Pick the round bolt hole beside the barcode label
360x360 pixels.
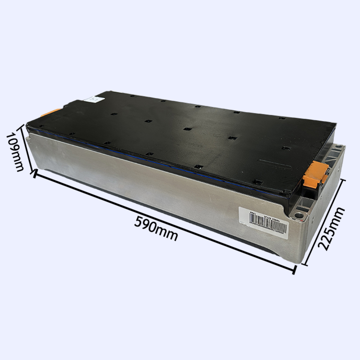coord(297,216)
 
